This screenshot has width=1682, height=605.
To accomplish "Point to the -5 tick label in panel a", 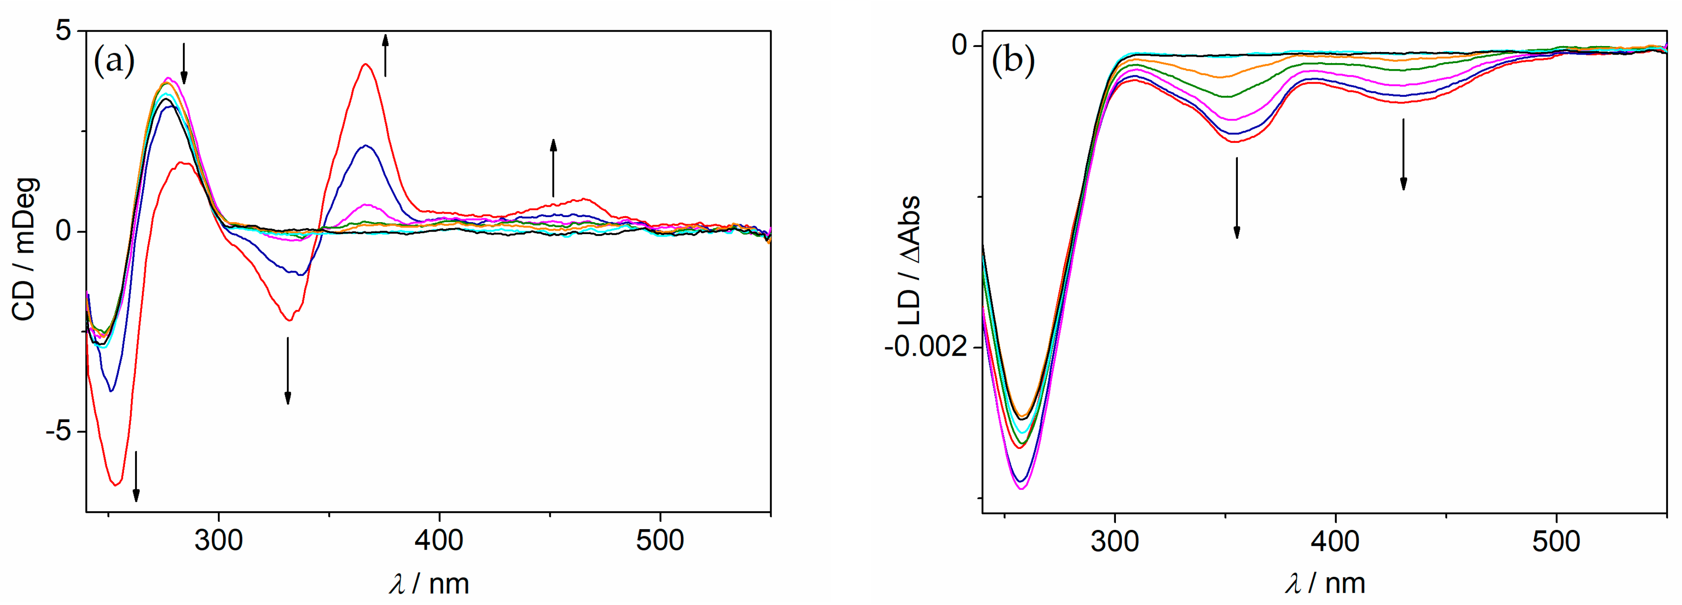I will pyautogui.click(x=58, y=432).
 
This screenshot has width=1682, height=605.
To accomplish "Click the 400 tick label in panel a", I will pyautogui.click(x=439, y=541).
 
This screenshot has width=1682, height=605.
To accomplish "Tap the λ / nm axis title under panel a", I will pyautogui.click(x=429, y=583).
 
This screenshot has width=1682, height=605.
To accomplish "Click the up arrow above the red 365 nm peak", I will pyautogui.click(x=385, y=55).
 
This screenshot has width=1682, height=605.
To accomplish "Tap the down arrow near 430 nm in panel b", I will pyautogui.click(x=1403, y=155).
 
